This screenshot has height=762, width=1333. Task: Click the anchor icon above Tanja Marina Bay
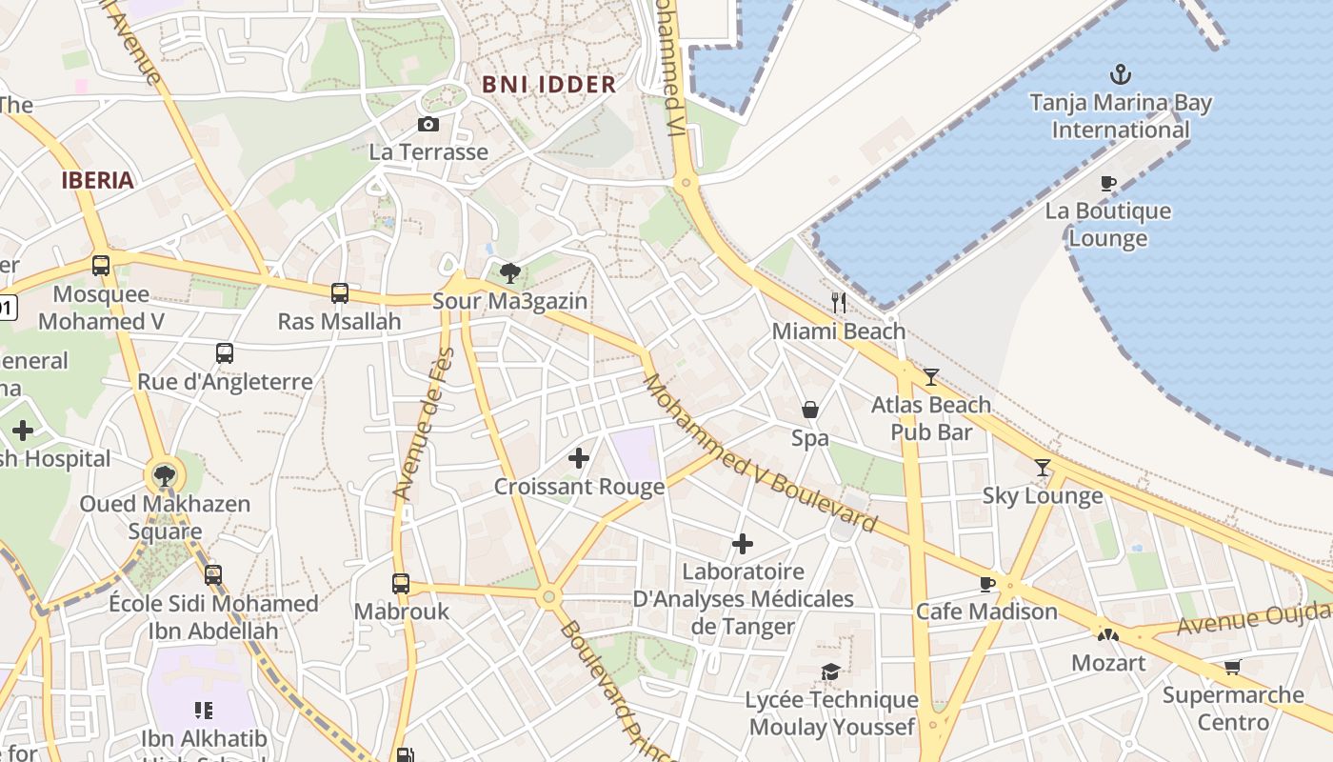[x=1121, y=74]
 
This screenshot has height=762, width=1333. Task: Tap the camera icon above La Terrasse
[x=428, y=124]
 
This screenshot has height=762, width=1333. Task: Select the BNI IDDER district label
[x=548, y=84]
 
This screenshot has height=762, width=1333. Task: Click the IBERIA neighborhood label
[x=97, y=180]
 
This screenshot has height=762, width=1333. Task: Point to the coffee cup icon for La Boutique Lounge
[x=1107, y=183]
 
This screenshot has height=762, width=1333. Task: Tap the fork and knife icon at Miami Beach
[x=839, y=303]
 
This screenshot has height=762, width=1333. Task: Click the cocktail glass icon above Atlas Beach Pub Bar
[x=931, y=377]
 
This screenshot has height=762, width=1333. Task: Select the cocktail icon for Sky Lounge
[x=1043, y=468]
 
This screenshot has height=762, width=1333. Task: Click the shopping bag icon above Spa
[x=810, y=411]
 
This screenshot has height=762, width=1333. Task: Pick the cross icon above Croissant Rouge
[x=579, y=459]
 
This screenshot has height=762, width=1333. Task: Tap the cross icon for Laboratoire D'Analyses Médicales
[x=743, y=544]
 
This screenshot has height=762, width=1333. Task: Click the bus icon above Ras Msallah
[x=340, y=293]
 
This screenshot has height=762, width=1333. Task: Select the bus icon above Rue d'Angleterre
[x=225, y=353]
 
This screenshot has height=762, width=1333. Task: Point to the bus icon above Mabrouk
[x=401, y=583]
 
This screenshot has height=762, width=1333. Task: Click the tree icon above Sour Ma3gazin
[x=510, y=273]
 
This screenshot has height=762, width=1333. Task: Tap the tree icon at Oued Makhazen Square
[x=165, y=475]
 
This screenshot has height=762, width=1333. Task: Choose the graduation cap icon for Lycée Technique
[x=831, y=672]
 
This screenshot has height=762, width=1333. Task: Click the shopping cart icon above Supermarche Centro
[x=1233, y=667]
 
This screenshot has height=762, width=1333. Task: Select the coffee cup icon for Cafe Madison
[x=987, y=583]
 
